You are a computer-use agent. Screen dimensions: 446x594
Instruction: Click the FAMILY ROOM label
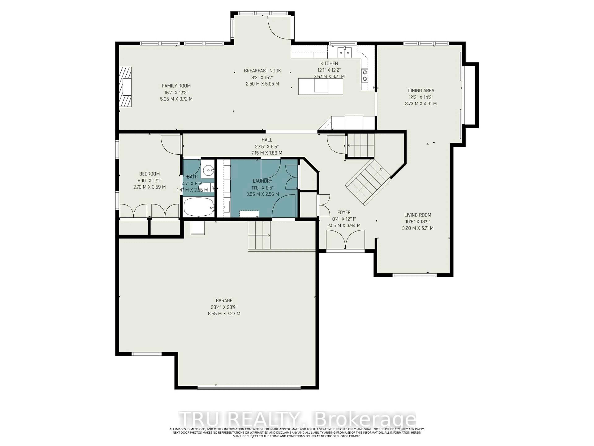(176, 86)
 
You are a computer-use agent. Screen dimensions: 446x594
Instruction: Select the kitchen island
(321, 86)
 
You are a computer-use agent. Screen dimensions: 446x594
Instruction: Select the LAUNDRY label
(262, 181)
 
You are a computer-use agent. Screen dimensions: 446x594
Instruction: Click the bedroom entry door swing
(170, 145)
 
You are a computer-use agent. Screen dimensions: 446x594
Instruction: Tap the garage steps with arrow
(259, 235)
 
